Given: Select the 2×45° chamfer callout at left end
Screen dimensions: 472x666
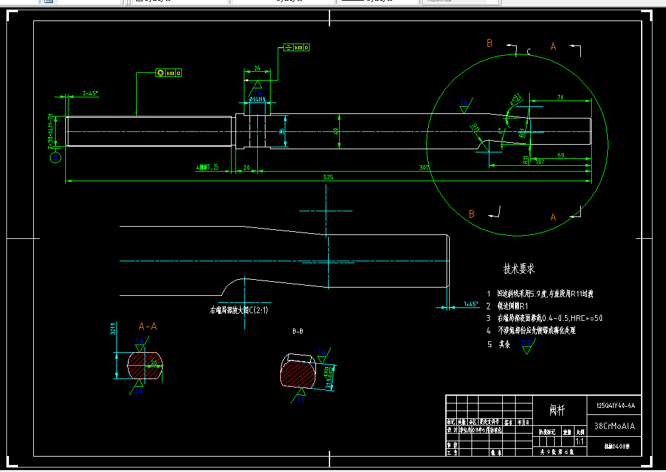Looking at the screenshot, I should pyautogui.click(x=90, y=94).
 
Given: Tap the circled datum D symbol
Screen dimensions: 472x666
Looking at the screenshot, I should pyautogui.click(x=56, y=156).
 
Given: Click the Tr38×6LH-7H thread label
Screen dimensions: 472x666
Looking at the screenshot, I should pyautogui.click(x=51, y=131).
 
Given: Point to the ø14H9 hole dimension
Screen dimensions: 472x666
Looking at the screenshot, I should pyautogui.click(x=257, y=100).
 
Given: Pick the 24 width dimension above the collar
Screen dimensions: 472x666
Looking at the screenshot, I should pyautogui.click(x=257, y=67).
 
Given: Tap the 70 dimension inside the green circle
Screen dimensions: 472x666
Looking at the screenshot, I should pyautogui.click(x=560, y=98).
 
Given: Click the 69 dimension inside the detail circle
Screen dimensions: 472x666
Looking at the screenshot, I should pyautogui.click(x=561, y=156).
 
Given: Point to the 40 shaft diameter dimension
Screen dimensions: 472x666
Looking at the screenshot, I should pyautogui.click(x=336, y=131).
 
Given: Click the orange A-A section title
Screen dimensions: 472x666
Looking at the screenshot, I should pyautogui.click(x=147, y=327).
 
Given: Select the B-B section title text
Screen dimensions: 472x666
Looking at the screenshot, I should pyautogui.click(x=297, y=332).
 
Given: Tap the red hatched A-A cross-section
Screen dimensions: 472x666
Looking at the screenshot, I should pyautogui.click(x=146, y=366).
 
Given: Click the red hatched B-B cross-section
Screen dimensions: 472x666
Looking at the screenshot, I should pyautogui.click(x=298, y=373).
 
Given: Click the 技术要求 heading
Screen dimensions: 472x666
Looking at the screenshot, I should pyautogui.click(x=518, y=270).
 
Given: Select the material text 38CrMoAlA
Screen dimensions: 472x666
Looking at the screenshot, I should pyautogui.click(x=615, y=425).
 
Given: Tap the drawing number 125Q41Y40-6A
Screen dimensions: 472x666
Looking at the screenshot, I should pyautogui.click(x=615, y=406).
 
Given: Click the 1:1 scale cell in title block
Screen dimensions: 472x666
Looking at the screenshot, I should pyautogui.click(x=580, y=442).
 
